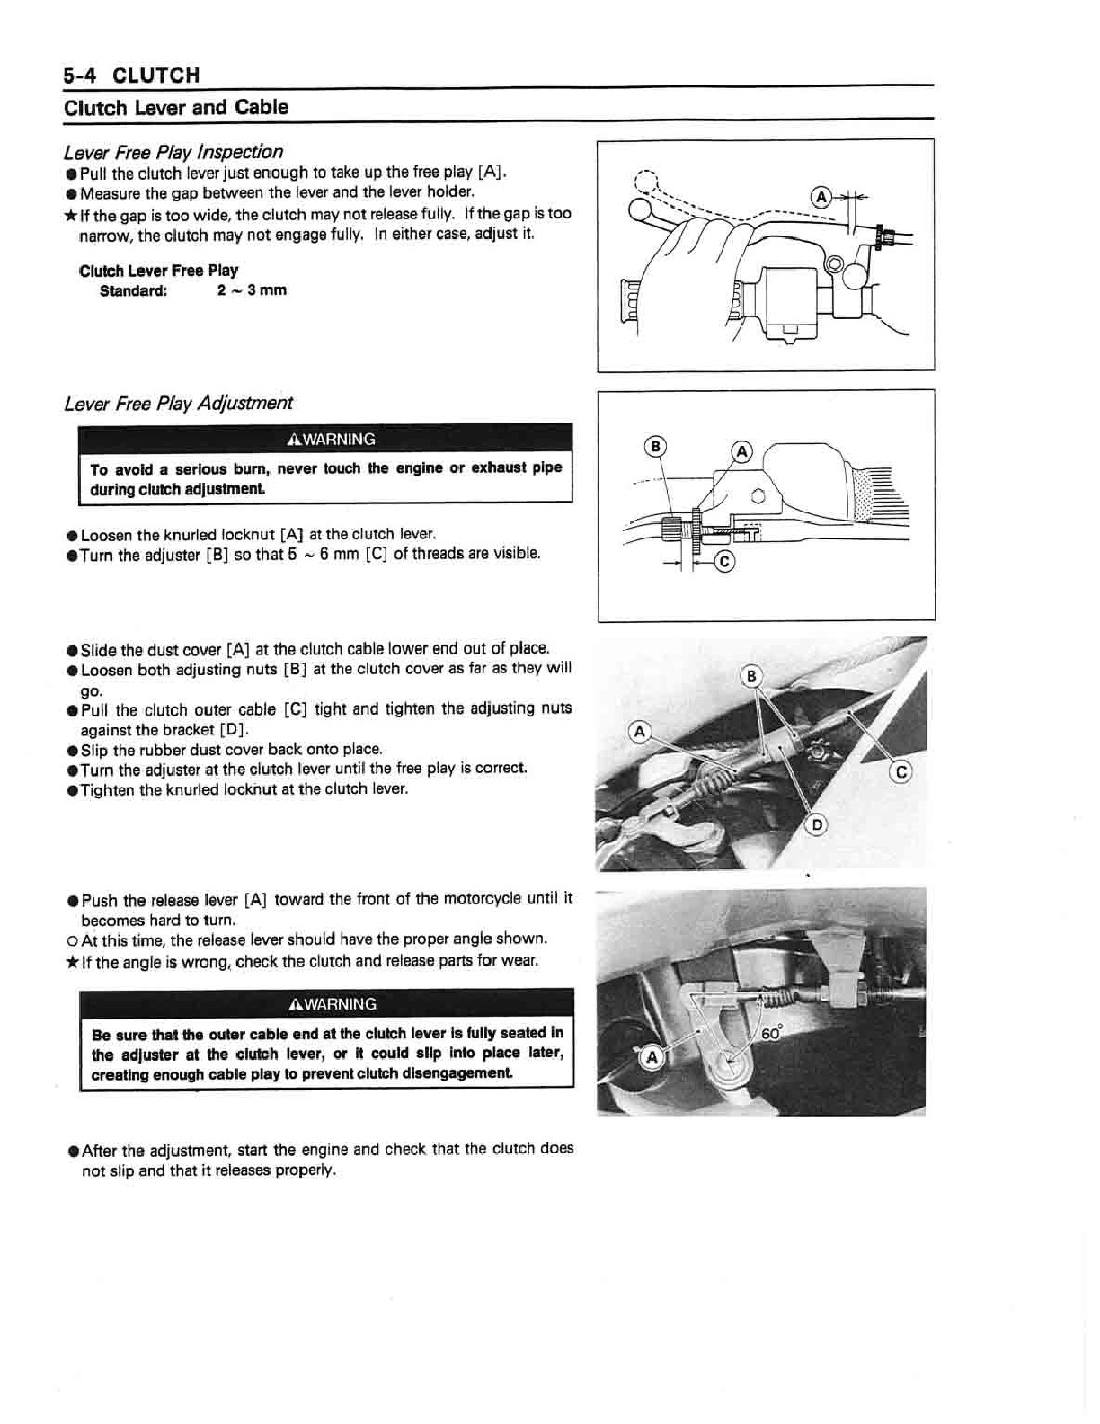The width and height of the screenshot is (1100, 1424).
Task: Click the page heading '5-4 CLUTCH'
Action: (131, 75)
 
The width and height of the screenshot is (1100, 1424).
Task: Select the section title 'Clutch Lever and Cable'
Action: (176, 108)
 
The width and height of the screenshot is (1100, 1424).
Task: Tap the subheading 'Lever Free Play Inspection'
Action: (173, 152)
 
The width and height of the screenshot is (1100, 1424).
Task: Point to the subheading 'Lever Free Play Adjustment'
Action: (178, 403)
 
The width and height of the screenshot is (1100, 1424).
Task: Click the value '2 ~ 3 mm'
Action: (252, 289)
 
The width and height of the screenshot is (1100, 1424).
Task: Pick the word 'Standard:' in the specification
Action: (133, 289)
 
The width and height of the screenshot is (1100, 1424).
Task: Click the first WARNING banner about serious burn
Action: (325, 439)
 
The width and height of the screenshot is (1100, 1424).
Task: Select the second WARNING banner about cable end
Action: (326, 1003)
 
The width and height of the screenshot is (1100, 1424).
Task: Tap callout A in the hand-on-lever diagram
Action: (821, 197)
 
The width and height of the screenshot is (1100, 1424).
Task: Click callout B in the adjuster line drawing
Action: (657, 447)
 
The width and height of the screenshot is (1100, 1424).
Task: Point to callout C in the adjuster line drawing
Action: (724, 563)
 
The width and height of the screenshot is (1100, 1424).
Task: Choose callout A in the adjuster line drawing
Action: (741, 451)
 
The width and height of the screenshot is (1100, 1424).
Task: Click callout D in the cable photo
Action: (816, 824)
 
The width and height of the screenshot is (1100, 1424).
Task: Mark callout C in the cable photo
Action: (900, 771)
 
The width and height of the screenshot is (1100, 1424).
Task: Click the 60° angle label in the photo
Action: (771, 1034)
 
